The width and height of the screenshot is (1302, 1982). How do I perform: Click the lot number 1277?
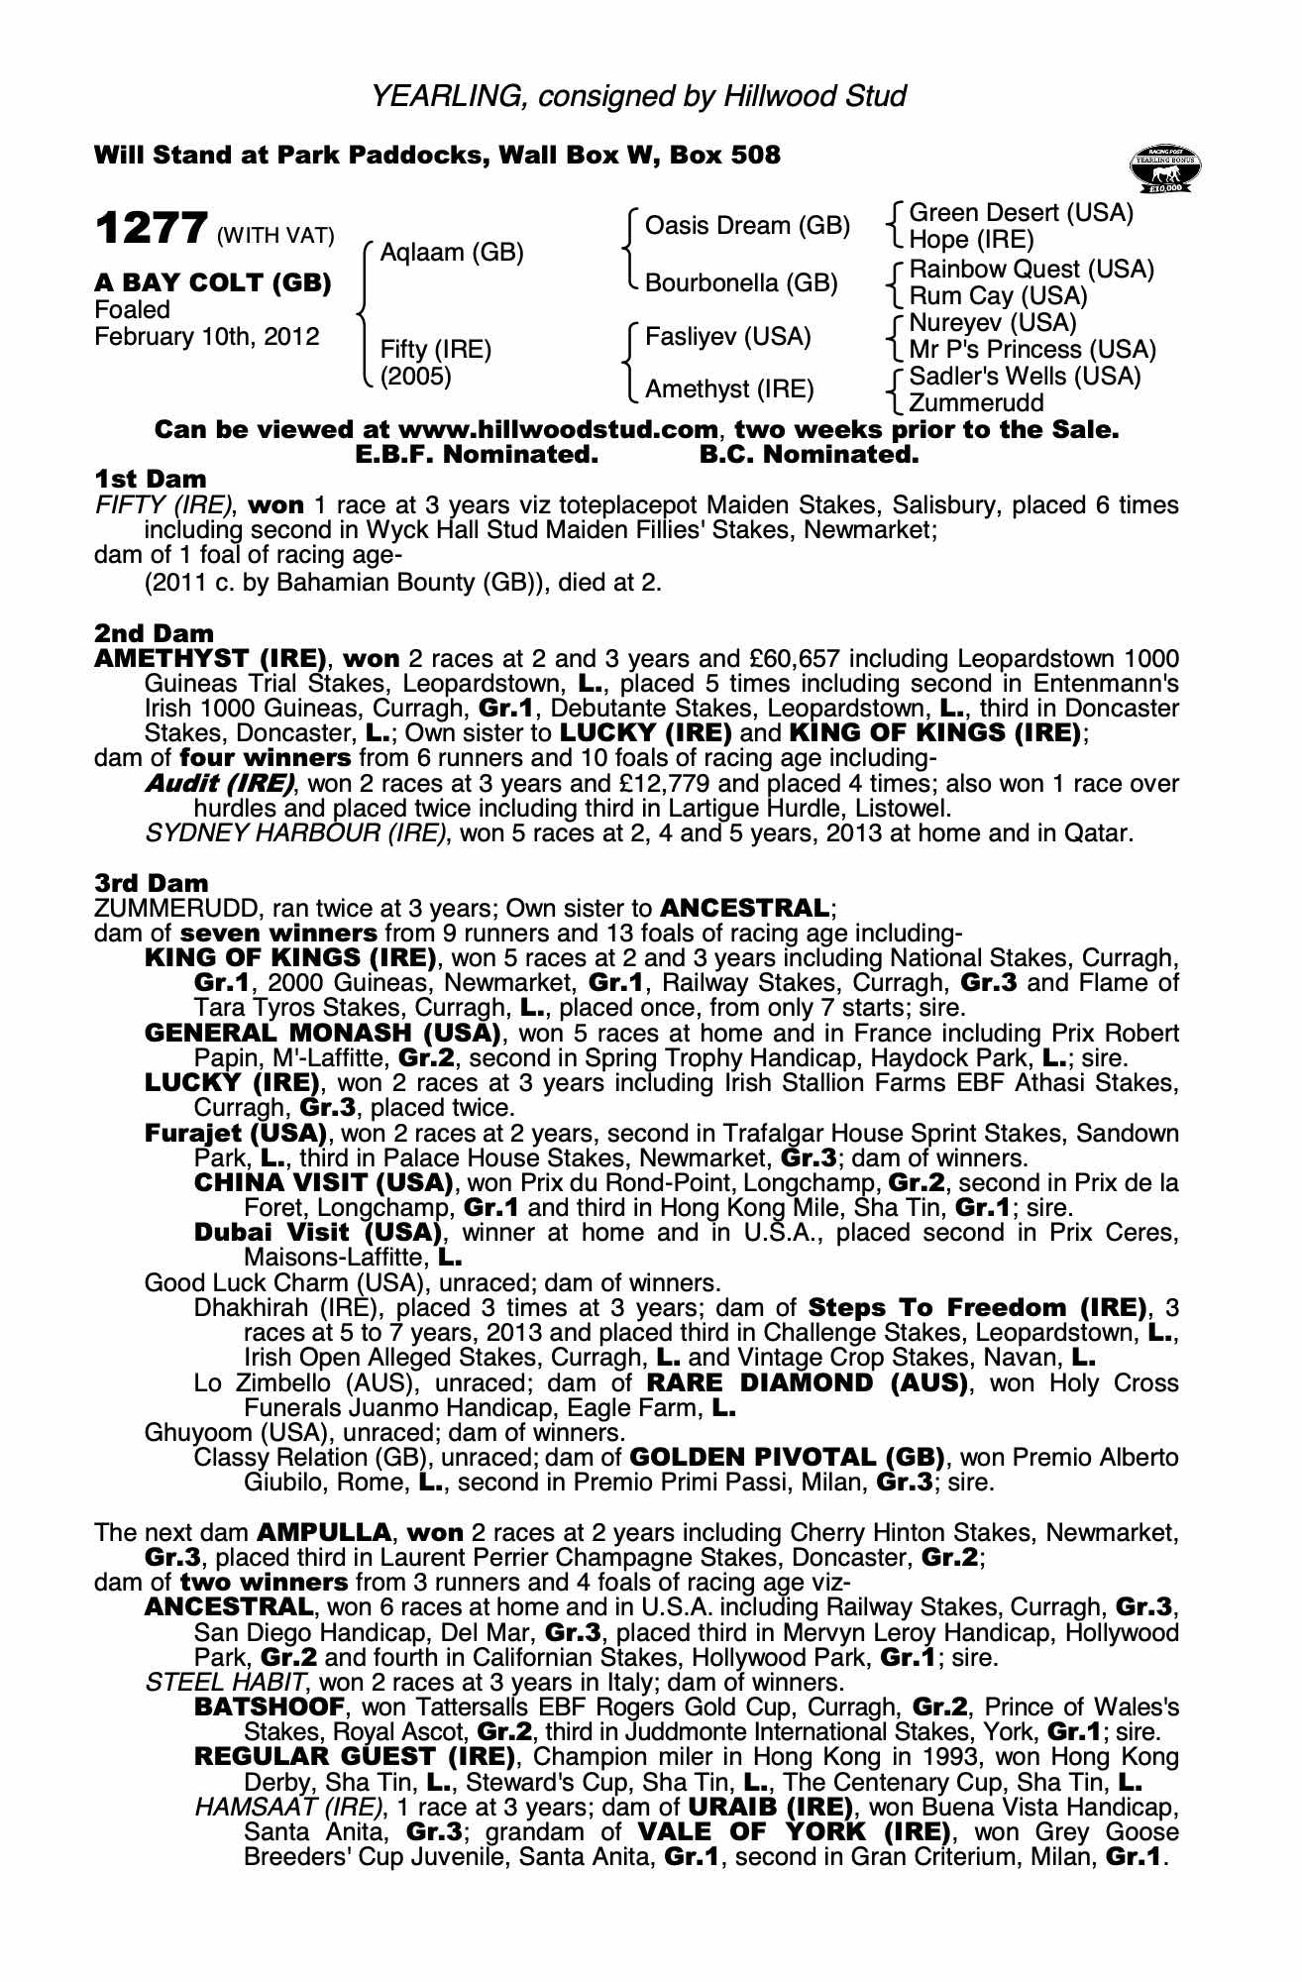(151, 229)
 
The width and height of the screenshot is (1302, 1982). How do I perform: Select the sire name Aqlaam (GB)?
(451, 253)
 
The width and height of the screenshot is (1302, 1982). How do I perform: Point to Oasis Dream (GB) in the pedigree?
(747, 226)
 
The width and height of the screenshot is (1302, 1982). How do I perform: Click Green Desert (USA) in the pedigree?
(1021, 213)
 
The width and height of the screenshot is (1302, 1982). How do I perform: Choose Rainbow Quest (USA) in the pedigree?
(1031, 270)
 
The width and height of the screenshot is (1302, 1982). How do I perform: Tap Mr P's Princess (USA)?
(1031, 350)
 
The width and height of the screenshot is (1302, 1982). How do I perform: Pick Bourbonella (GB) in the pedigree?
(741, 283)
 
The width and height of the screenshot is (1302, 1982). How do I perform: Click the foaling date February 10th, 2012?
(207, 337)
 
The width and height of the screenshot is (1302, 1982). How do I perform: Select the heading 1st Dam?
(151, 480)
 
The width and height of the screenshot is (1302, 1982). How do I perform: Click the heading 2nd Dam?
(154, 633)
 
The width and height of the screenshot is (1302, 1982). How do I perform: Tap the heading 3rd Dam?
(152, 883)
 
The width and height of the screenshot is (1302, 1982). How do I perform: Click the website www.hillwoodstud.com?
(557, 430)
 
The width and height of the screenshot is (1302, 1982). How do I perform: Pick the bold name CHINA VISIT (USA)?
(324, 1183)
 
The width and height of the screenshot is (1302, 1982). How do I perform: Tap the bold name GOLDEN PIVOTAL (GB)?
(786, 1458)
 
